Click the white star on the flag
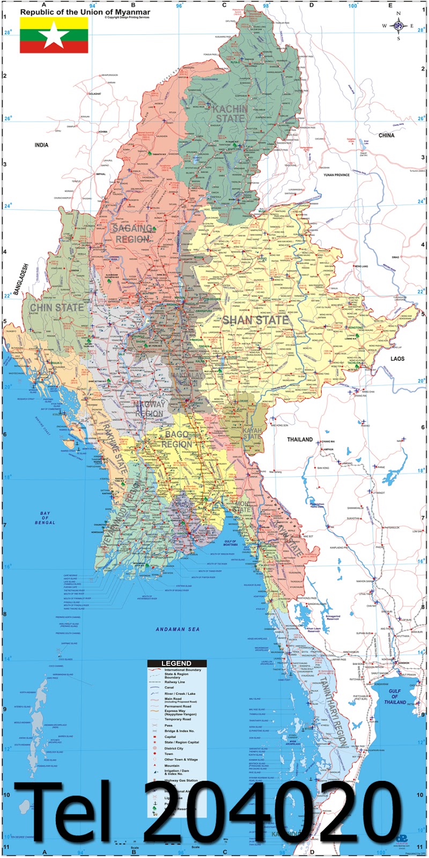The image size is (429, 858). point(54,35)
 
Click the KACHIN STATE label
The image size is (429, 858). point(230,113)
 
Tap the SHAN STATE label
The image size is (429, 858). point(255,320)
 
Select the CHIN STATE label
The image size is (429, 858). point(57,308)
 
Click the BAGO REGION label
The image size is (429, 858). point(176,439)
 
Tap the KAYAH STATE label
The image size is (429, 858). point(252,433)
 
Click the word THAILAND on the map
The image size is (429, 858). point(299,440)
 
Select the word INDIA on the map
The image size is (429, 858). point(41,145)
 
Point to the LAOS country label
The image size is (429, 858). point(397,359)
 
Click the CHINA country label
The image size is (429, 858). point(386,136)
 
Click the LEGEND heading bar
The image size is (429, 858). point(176,663)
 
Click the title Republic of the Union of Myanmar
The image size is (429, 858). point(85,12)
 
